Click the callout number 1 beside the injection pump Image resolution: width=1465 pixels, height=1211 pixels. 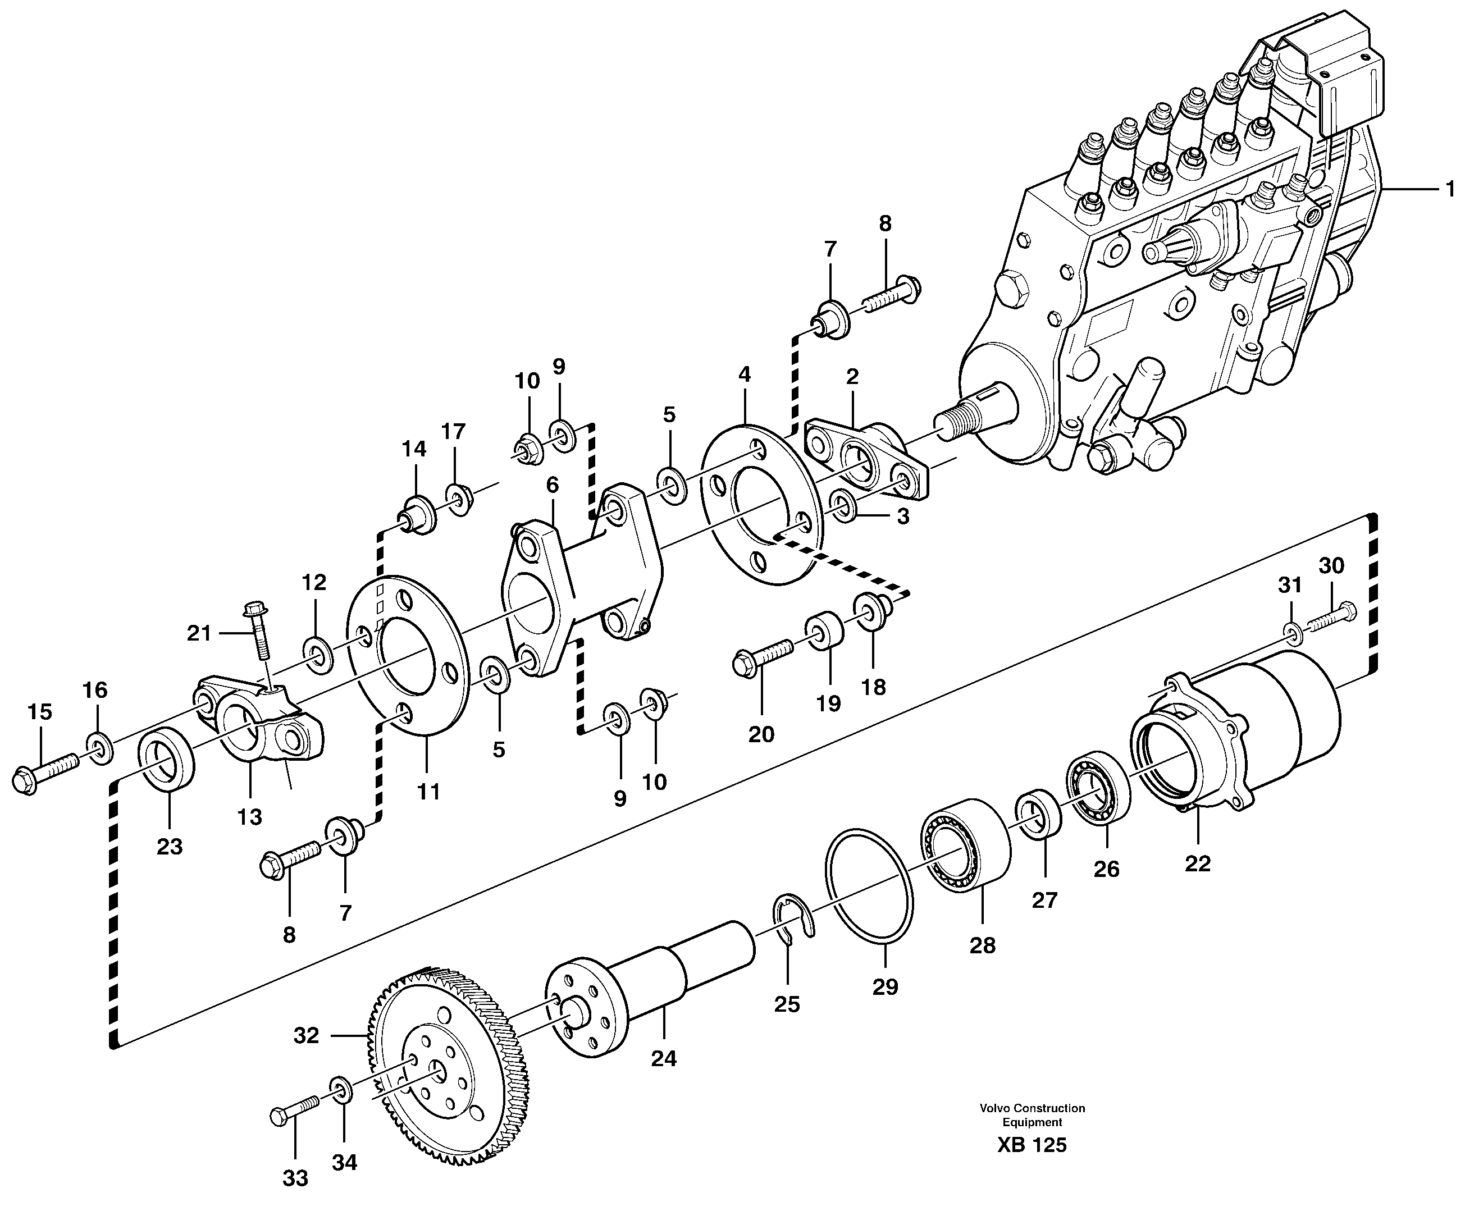(x=1450, y=190)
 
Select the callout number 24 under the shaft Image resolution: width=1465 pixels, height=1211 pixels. (x=664, y=1059)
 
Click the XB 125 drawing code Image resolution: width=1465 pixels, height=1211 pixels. (x=1032, y=1165)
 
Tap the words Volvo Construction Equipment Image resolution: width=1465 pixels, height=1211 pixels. (x=1032, y=1133)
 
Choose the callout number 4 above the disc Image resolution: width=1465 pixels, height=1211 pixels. (x=745, y=374)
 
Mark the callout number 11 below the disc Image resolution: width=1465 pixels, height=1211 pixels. (x=428, y=792)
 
